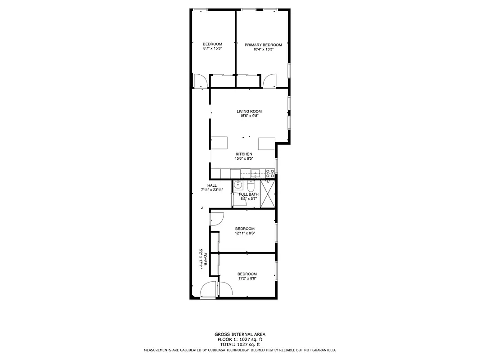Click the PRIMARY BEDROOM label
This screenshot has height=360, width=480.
click(x=263, y=45)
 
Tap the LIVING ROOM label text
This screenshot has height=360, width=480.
click(x=249, y=111)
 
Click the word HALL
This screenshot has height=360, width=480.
click(x=212, y=185)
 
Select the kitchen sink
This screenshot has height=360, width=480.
click(x=255, y=173)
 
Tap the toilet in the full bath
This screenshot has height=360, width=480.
click(x=251, y=186)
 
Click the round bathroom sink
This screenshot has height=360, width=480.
click(x=238, y=185)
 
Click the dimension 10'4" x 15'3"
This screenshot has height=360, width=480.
click(x=263, y=49)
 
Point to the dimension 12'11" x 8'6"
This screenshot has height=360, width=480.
click(x=245, y=233)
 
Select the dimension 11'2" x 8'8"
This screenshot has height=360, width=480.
click(x=247, y=279)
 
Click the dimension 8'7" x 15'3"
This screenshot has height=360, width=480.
click(x=212, y=48)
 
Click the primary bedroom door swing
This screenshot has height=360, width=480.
click(x=270, y=81)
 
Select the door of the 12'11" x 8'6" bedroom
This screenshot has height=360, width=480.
click(x=216, y=219)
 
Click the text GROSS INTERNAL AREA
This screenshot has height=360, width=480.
click(x=240, y=334)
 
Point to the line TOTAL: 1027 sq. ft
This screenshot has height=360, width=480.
click(x=240, y=344)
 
